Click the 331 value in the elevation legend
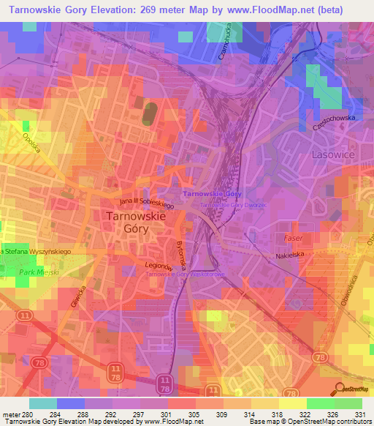tap(357, 414)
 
